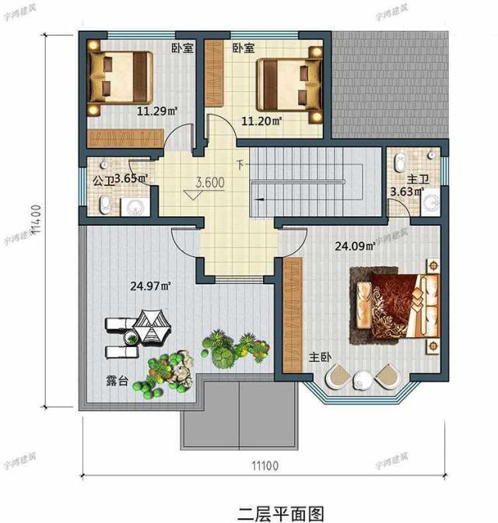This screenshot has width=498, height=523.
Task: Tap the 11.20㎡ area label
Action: coord(261,121)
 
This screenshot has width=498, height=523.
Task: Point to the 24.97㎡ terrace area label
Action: coord(151,286)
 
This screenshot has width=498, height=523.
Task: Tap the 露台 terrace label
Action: coord(117,381)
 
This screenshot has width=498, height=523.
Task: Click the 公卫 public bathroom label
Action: coord(103,179)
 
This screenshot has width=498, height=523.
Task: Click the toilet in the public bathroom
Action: coord(105,204)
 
